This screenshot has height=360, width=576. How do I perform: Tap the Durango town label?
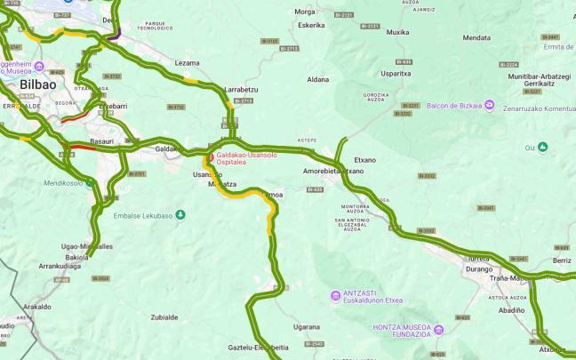click(479, 267)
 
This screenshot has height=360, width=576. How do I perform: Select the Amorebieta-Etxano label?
click(333, 170)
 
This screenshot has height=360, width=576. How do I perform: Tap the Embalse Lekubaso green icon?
click(180, 214)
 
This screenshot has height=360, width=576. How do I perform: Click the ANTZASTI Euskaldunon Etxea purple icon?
click(335, 295)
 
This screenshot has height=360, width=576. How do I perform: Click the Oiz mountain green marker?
click(542, 147)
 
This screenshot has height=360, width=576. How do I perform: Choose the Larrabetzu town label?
click(241, 90)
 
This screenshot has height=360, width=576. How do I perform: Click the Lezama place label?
click(187, 62)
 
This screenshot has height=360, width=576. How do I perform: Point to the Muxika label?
click(397, 32)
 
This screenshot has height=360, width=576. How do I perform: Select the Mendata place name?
click(476, 37)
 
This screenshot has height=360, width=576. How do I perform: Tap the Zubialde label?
click(164, 316)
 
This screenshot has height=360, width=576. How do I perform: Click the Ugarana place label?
click(306, 327)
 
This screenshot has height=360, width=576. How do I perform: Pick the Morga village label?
click(305, 12)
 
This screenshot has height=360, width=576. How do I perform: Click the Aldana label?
click(317, 79)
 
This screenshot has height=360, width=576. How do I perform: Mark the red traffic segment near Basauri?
click(79, 148)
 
